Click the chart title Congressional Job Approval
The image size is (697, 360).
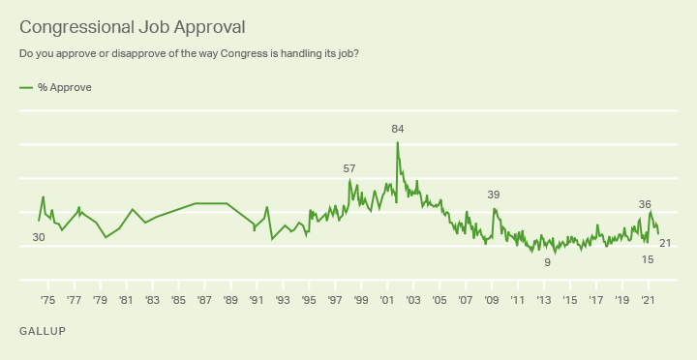coord(132,27)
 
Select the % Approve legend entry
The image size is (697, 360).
coord(55,87)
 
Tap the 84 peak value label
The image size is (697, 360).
coord(398,130)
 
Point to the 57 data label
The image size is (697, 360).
coord(349,169)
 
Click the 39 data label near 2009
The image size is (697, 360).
coord(494,195)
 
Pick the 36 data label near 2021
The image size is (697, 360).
coord(645,204)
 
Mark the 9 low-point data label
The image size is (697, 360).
coord(548,262)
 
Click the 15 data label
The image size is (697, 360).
coord(648,259)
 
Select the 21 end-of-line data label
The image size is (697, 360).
coord(665,243)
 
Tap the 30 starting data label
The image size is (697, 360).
coord(39,238)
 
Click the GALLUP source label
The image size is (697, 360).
coord(43,331)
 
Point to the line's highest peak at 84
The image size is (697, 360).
coord(398,142)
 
